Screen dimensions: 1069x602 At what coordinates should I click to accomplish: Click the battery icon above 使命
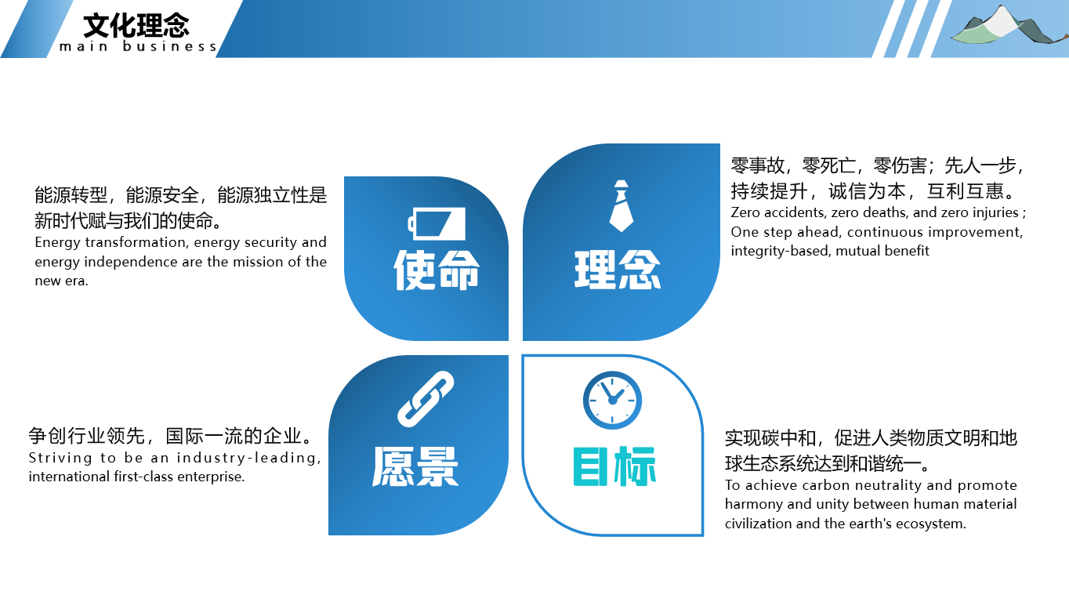[437, 223]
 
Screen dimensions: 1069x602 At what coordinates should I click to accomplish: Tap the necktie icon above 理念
[621, 205]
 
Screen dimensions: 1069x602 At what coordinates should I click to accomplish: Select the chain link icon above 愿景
[426, 399]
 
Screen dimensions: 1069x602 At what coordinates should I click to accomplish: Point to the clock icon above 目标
[612, 400]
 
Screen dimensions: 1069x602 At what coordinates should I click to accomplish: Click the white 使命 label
[437, 270]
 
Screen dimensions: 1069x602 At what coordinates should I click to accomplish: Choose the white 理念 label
[617, 270]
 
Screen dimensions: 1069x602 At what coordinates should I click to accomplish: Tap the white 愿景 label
[415, 466]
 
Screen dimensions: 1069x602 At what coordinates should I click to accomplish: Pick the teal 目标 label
[614, 466]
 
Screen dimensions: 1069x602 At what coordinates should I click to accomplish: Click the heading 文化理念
[136, 25]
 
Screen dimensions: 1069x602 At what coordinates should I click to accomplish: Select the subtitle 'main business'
[138, 46]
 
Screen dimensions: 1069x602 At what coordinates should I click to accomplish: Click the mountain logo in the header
[1009, 25]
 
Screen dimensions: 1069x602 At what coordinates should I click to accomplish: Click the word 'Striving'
[60, 459]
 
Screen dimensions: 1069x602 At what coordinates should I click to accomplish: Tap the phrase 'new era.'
[62, 281]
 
